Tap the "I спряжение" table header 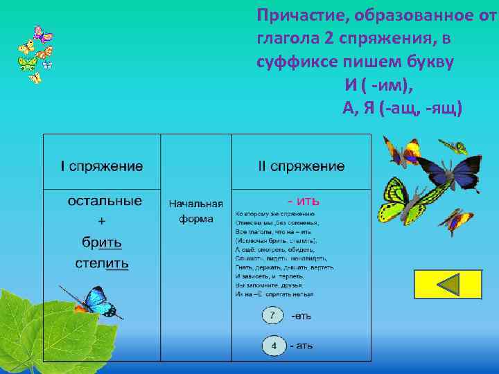102,166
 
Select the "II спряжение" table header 301,166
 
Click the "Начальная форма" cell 196,211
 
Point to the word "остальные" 105,201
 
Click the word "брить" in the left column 102,242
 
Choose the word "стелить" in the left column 102,263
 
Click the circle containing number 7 273,316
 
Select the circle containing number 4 274,345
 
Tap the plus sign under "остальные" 102,222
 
